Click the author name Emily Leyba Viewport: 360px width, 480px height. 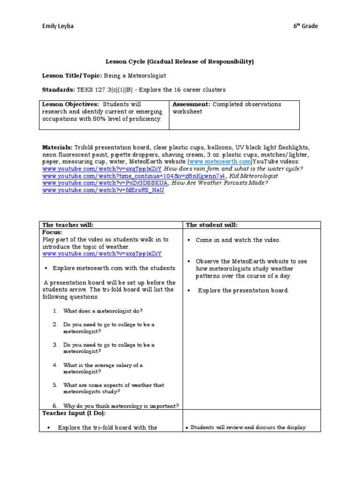(58, 26)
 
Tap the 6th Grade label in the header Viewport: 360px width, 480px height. (305, 26)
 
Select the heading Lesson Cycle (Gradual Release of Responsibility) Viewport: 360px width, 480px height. (179, 61)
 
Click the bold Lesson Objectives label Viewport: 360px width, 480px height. (70, 104)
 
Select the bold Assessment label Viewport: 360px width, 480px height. (192, 104)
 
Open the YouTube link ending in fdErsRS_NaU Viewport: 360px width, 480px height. (103, 191)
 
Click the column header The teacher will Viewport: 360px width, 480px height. (71, 225)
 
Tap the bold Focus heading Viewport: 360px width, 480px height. (52, 232)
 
